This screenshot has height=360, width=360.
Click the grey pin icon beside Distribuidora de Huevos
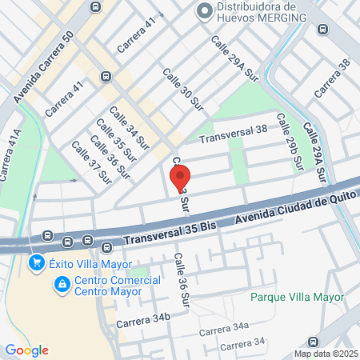click(x=204, y=11)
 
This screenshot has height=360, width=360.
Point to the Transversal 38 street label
click(x=233, y=134)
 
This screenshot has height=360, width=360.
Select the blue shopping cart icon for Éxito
click(x=36, y=262)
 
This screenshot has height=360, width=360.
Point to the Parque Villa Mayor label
click(x=297, y=297)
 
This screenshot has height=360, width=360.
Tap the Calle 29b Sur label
click(x=289, y=141)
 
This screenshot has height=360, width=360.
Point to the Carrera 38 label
click(x=332, y=78)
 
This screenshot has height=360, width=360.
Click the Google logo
click(x=26, y=350)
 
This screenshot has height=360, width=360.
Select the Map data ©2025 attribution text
click(x=325, y=354)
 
